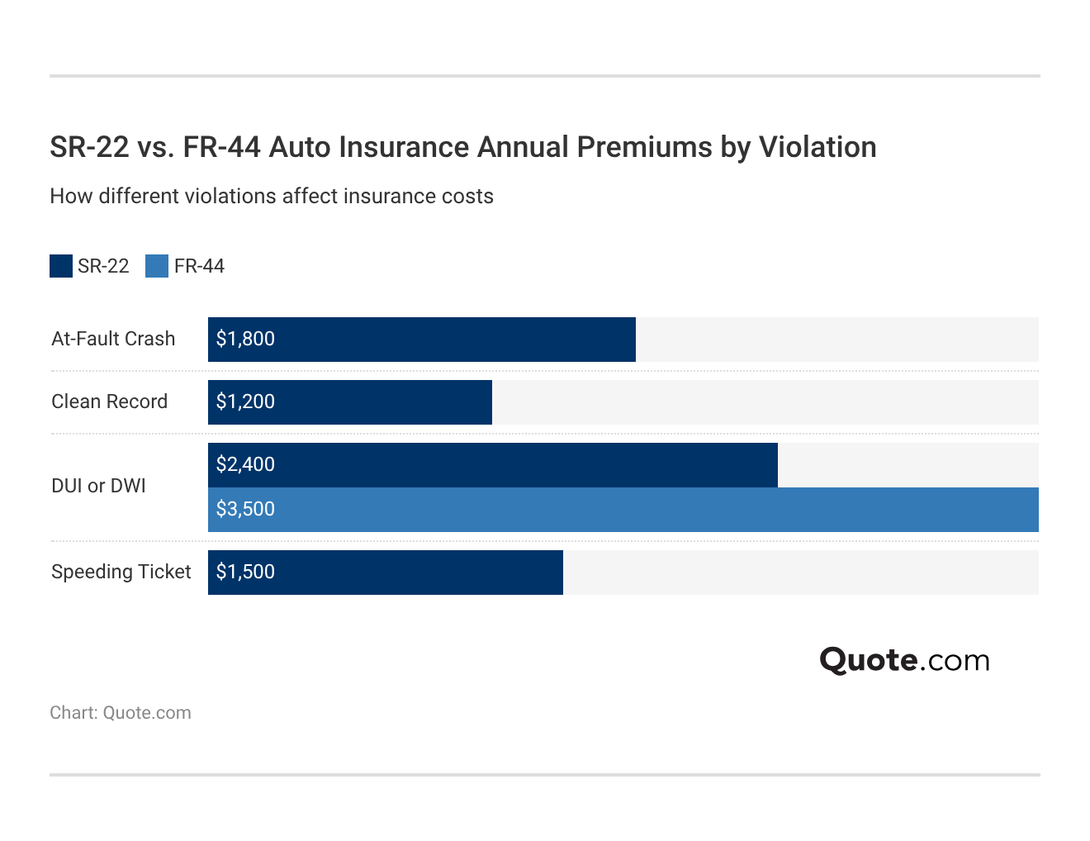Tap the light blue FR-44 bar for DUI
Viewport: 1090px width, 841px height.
623,510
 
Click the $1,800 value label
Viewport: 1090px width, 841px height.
245,340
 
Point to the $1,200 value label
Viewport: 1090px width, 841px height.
245,402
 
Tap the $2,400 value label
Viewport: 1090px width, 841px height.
245,465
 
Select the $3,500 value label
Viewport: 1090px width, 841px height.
245,510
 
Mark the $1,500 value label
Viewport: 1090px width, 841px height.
245,573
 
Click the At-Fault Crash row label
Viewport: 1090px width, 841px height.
113,340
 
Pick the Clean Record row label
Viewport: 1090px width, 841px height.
109,402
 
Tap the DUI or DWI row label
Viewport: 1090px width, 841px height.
98,487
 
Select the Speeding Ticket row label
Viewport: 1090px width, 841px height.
121,573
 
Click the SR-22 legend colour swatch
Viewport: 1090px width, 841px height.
61,266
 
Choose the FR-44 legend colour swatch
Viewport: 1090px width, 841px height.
157,266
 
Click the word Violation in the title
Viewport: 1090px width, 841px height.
817,147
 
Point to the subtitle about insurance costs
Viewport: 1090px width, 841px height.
272,197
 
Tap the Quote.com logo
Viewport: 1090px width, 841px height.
904,660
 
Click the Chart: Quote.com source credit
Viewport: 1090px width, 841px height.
121,713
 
